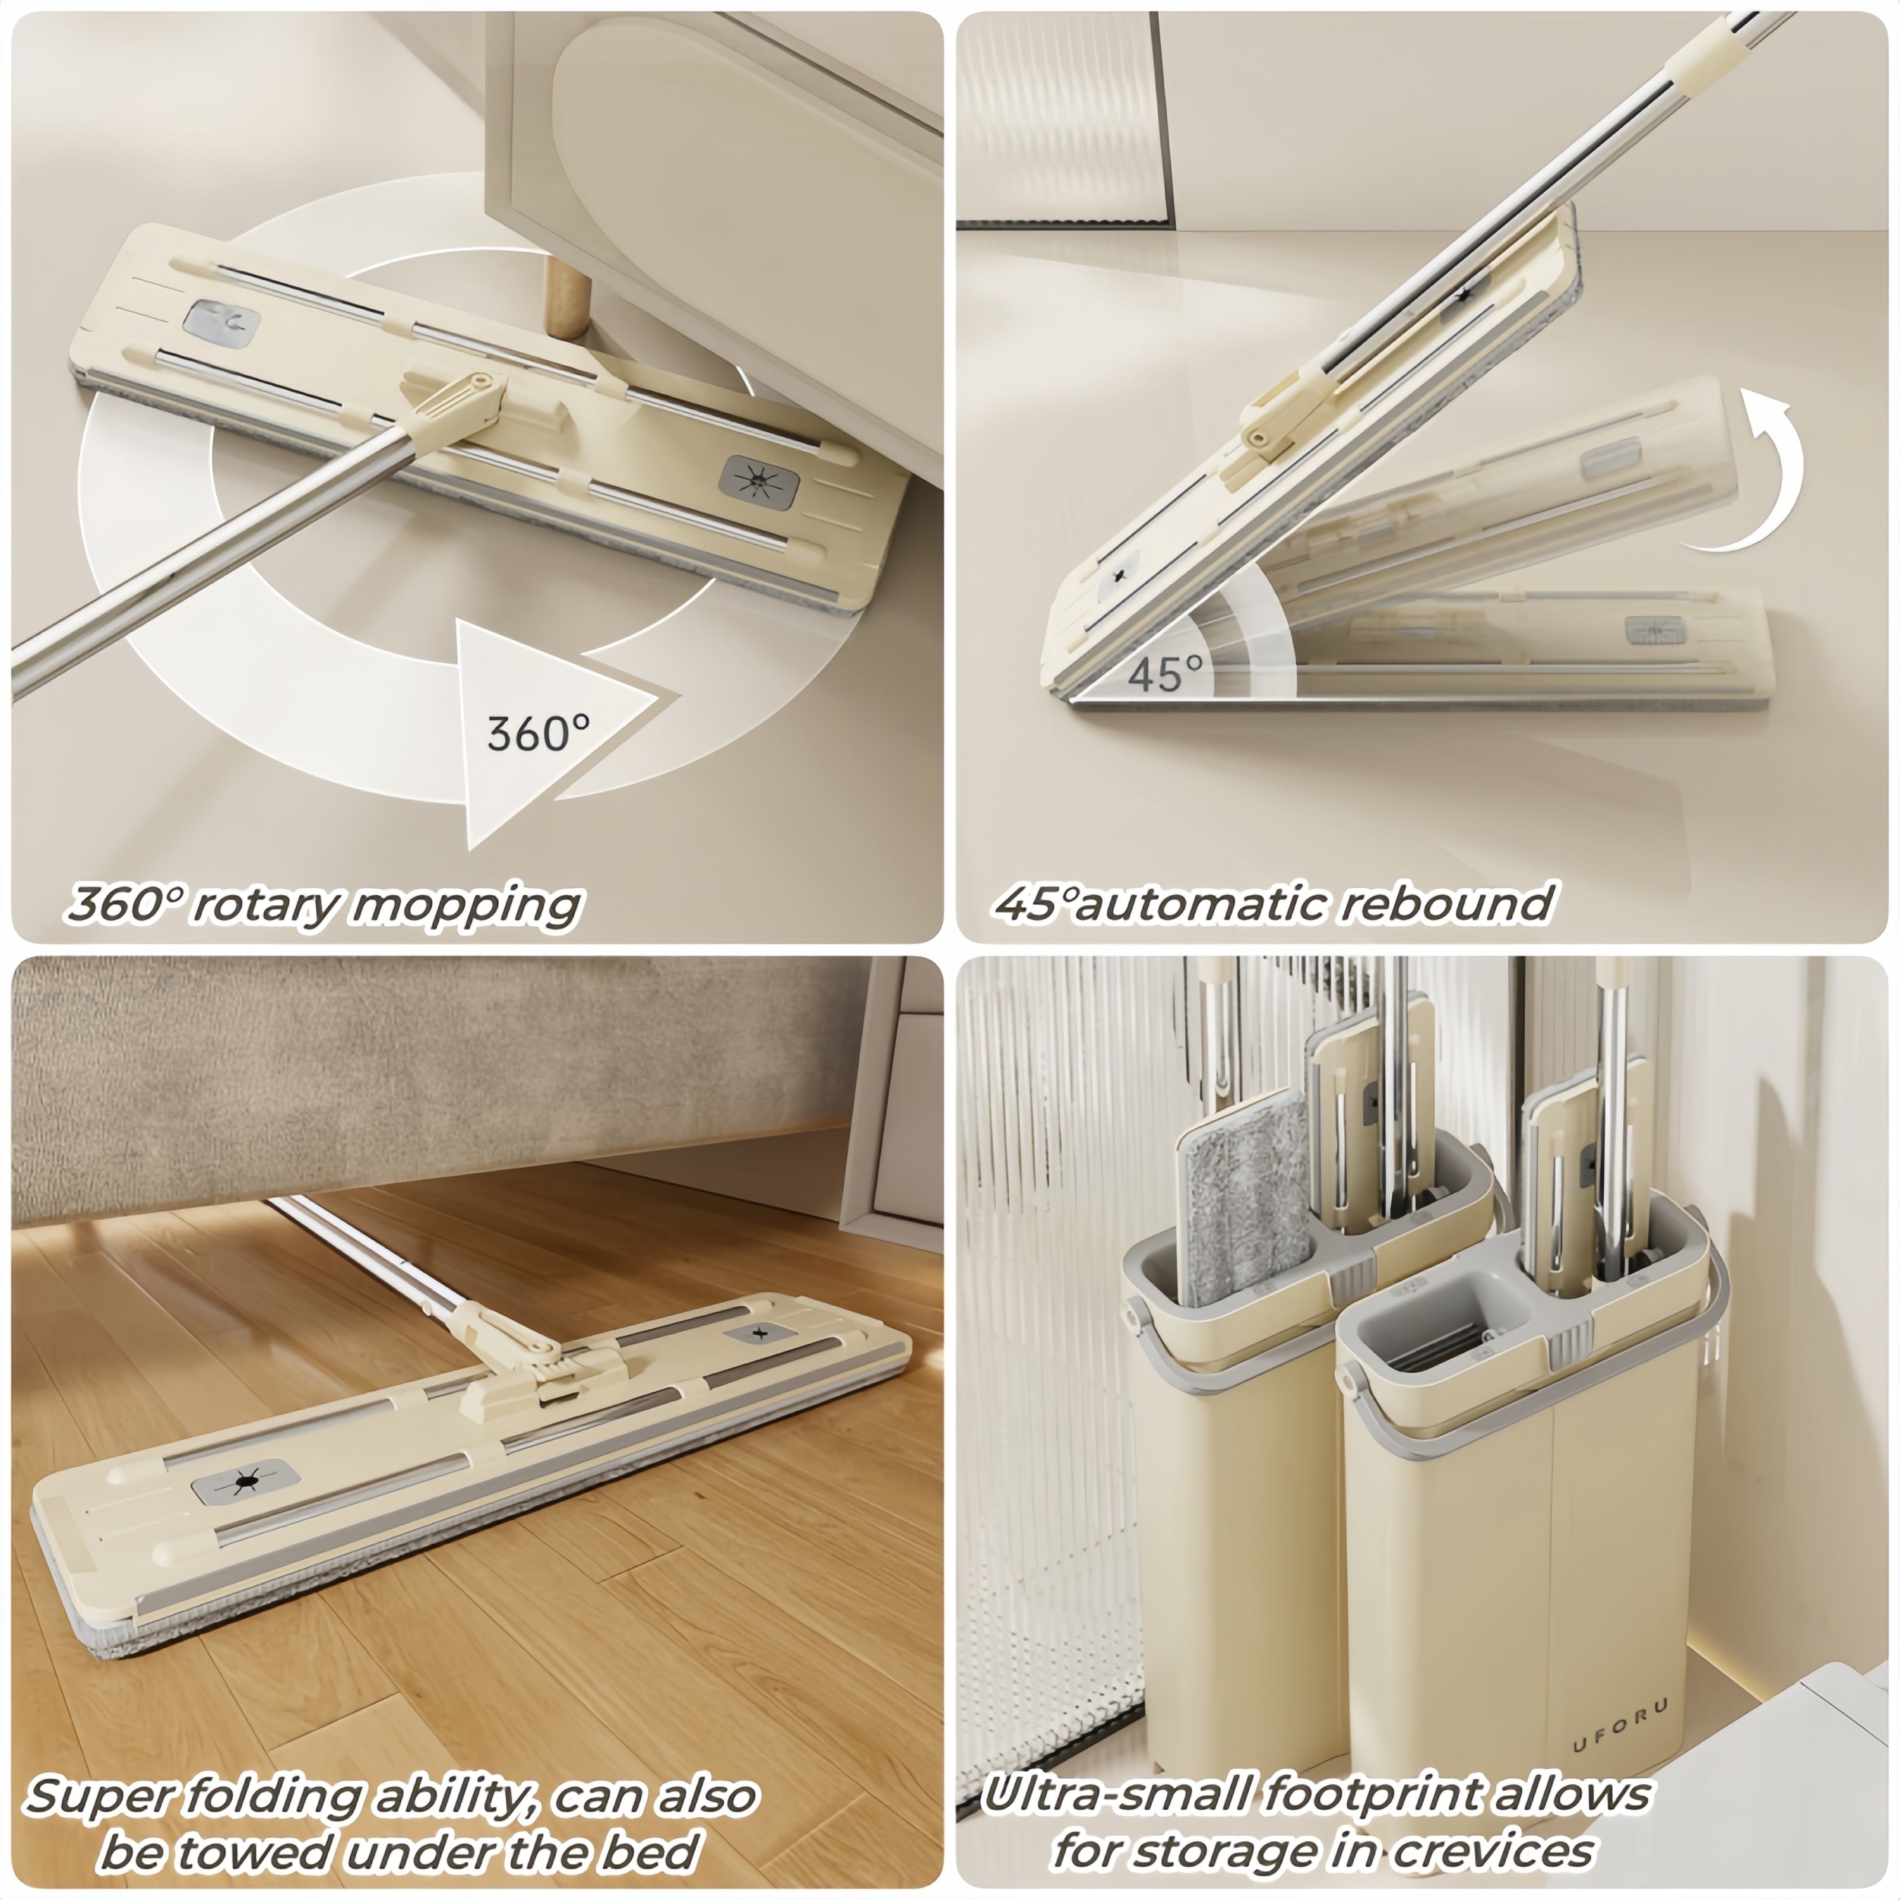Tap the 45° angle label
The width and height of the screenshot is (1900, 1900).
pos(1166,674)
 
